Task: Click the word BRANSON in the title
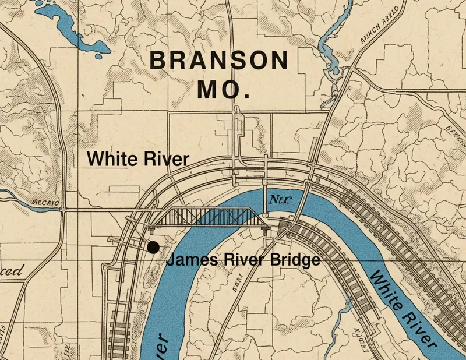(218, 61)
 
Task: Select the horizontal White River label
(137, 159)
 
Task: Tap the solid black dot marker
(153, 248)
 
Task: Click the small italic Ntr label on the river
(279, 201)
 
